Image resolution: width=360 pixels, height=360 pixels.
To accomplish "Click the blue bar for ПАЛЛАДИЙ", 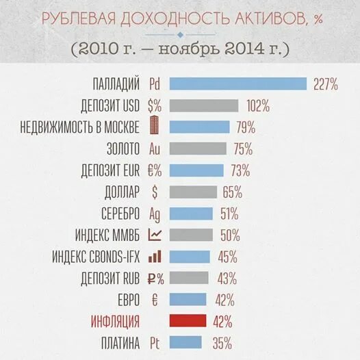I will coord(237,84).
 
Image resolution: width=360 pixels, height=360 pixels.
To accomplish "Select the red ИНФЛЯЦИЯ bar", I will coord(187,320).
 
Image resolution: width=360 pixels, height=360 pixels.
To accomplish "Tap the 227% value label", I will coord(326,85).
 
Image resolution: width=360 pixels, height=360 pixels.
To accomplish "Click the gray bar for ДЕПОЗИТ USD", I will coord(203,106).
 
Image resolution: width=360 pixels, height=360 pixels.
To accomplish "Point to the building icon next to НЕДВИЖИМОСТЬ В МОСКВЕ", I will coord(155,127).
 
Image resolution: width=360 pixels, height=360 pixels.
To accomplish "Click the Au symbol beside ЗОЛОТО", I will coord(155,149).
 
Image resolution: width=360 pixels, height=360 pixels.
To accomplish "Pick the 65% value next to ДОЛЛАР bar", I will coord(233,192).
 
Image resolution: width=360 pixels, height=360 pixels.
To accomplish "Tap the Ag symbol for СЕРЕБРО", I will coord(155,213).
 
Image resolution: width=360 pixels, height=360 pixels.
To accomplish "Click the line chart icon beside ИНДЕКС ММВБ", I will coord(155,235).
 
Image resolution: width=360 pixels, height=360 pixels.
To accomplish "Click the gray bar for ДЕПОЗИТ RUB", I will coord(188,278).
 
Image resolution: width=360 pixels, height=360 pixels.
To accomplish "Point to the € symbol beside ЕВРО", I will coord(154,299).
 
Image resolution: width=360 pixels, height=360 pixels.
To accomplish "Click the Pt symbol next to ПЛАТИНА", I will coord(154,342).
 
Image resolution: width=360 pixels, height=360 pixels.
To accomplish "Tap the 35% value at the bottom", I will coord(221,342).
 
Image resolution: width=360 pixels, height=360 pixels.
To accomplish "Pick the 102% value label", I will coord(257,106).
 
